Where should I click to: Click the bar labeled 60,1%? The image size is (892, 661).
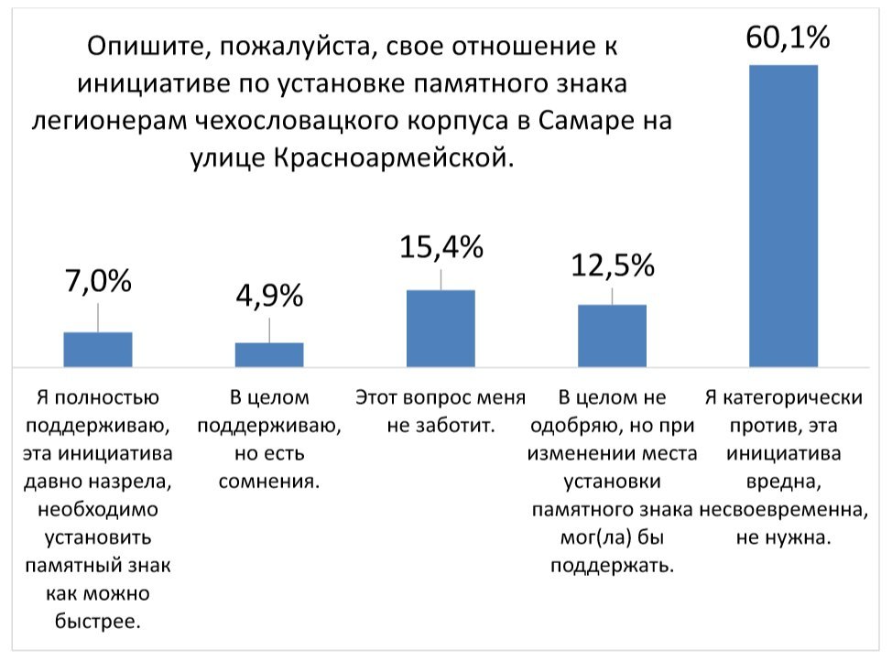783,215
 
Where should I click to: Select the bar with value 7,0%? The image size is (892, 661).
98,349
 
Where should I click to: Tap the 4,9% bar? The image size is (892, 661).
269,354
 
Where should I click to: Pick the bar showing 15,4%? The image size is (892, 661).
441,328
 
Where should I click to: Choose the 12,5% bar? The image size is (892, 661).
612,335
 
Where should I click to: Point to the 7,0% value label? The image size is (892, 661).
98,282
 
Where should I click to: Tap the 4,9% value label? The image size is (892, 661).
269,297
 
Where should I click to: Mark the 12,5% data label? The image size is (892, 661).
613,265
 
